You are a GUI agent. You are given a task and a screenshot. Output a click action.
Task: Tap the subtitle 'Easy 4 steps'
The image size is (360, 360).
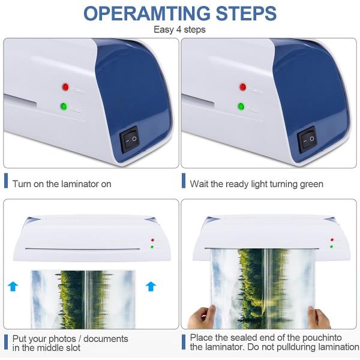click(x=180, y=29)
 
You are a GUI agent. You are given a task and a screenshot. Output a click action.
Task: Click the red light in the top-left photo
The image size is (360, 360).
click(x=64, y=87)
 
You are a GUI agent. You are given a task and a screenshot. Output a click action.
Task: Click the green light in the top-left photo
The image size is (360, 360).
click(x=63, y=107)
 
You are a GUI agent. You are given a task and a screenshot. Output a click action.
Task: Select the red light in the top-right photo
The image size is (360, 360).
click(x=242, y=87)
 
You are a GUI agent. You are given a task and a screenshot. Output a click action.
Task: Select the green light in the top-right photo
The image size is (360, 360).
click(x=241, y=107)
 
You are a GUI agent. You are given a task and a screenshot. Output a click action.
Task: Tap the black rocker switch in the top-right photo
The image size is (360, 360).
click(x=307, y=139)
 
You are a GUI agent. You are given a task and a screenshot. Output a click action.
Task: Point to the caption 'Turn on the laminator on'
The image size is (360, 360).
click(x=62, y=184)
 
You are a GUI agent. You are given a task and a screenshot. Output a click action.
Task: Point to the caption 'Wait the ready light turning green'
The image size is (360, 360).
click(x=256, y=184)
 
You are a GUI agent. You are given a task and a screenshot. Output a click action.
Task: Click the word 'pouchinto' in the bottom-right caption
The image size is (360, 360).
click(x=324, y=338)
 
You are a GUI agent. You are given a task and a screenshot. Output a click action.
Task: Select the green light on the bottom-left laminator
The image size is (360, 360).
click(x=152, y=247)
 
